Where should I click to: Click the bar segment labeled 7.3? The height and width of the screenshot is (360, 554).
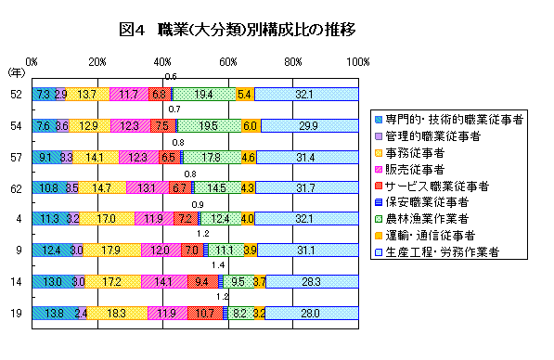click(43, 94)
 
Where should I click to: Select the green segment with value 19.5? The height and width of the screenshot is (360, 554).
click(209, 125)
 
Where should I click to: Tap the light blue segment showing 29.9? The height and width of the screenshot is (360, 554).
click(309, 125)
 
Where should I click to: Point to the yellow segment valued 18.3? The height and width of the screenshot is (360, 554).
click(117, 313)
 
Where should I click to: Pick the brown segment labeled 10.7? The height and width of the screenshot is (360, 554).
click(205, 313)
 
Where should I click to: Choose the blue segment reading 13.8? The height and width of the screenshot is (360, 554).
click(54, 313)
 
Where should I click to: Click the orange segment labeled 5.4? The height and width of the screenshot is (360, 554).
click(245, 94)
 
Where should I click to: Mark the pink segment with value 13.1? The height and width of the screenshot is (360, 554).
click(147, 187)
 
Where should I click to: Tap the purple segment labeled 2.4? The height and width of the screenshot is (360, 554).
click(82, 313)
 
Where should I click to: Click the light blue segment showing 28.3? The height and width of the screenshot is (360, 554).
click(312, 281)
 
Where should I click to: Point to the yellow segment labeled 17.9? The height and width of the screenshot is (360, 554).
click(111, 250)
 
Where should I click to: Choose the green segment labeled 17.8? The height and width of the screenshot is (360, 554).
click(212, 157)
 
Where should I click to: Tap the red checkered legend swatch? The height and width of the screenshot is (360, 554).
click(379, 186)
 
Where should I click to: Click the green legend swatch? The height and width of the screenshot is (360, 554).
click(379, 219)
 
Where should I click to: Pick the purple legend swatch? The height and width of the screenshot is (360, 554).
click(379, 135)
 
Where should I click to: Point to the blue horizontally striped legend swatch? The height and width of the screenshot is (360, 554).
click(379, 202)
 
